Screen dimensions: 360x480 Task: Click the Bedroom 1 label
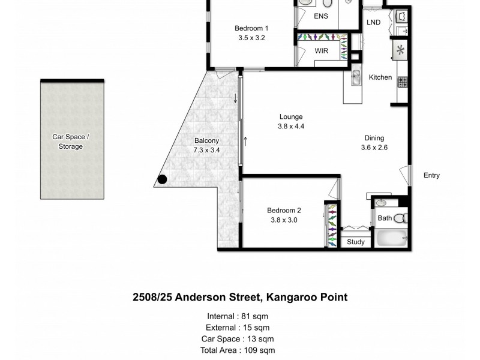click(x=251, y=28)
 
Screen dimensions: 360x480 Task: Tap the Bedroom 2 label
click(x=284, y=210)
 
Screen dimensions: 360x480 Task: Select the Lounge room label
click(x=290, y=116)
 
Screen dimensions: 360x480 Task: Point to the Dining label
click(x=374, y=137)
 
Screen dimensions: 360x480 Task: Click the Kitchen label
click(x=380, y=77)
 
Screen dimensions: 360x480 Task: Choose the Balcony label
click(x=206, y=141)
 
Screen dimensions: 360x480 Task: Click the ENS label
click(x=321, y=16)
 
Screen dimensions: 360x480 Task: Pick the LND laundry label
click(x=374, y=23)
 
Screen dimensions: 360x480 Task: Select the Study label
click(x=356, y=242)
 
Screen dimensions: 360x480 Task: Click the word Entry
click(x=431, y=175)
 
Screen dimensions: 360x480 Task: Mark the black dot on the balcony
click(x=163, y=178)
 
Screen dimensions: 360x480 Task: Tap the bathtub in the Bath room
click(x=391, y=238)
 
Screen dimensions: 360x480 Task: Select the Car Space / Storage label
click(x=71, y=142)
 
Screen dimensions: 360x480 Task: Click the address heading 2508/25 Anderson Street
click(x=240, y=297)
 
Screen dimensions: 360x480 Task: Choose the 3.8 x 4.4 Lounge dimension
click(x=290, y=127)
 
